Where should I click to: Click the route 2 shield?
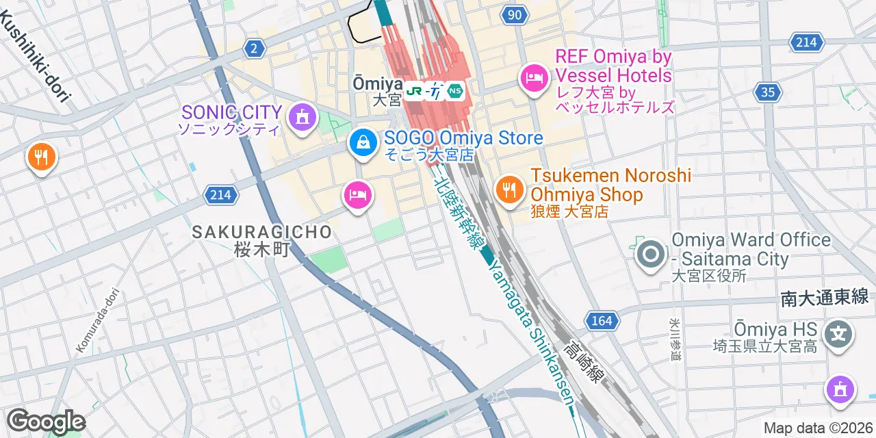254,48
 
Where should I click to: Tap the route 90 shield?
515,14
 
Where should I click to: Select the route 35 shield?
769,92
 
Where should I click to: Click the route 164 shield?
602,320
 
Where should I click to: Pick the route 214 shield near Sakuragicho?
220,195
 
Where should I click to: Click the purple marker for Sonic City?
300,116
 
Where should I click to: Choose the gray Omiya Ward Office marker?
649,255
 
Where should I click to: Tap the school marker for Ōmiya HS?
839,334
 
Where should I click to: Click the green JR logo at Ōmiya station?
413,90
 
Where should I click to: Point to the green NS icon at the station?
455,90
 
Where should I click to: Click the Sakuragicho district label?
261,232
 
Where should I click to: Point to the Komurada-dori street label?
100,320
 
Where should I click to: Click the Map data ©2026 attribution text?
817,428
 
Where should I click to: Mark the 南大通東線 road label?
824,296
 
